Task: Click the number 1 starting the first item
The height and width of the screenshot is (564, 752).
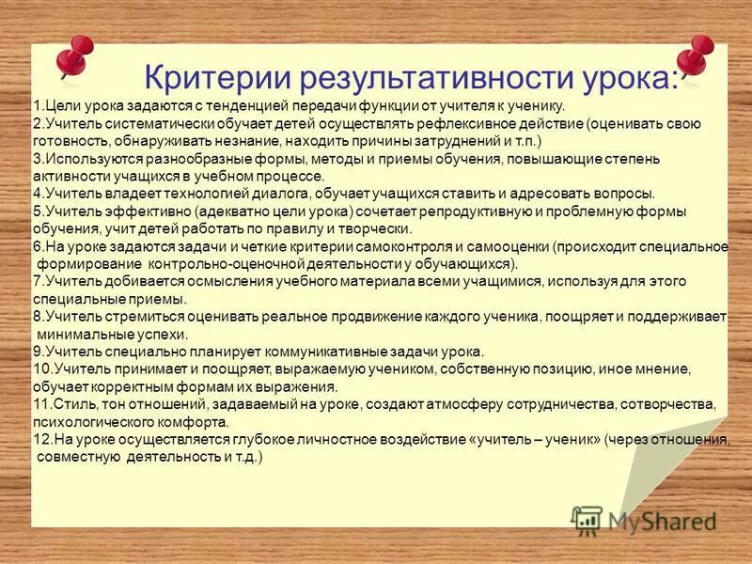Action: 36,107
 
